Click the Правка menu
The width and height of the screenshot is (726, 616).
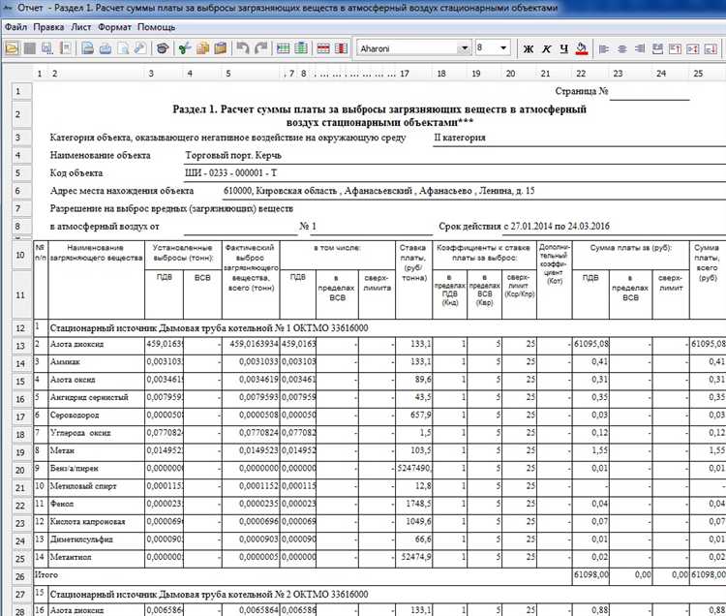(48, 27)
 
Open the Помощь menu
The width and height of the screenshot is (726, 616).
(156, 27)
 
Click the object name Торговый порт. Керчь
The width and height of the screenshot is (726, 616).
(231, 154)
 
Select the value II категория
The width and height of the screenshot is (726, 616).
(459, 138)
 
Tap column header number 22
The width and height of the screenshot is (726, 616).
(581, 74)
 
